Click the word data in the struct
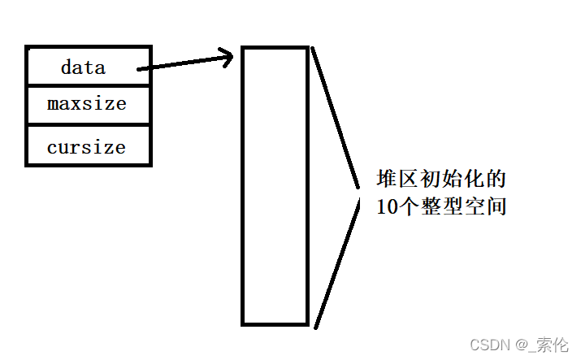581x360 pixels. pyautogui.click(x=83, y=67)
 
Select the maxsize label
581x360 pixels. pyautogui.click(x=87, y=105)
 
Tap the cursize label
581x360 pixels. pyautogui.click(x=86, y=147)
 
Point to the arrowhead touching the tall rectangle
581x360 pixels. pyautogui.click(x=228, y=57)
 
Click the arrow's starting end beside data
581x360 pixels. pyautogui.click(x=140, y=69)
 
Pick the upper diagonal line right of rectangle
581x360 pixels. pyautogui.click(x=335, y=118)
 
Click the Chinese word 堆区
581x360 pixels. pyautogui.click(x=397, y=178)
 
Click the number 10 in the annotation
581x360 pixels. pyautogui.click(x=388, y=206)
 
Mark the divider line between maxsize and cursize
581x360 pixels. pyautogui.click(x=88, y=125)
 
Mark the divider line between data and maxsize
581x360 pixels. pyautogui.click(x=88, y=85)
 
